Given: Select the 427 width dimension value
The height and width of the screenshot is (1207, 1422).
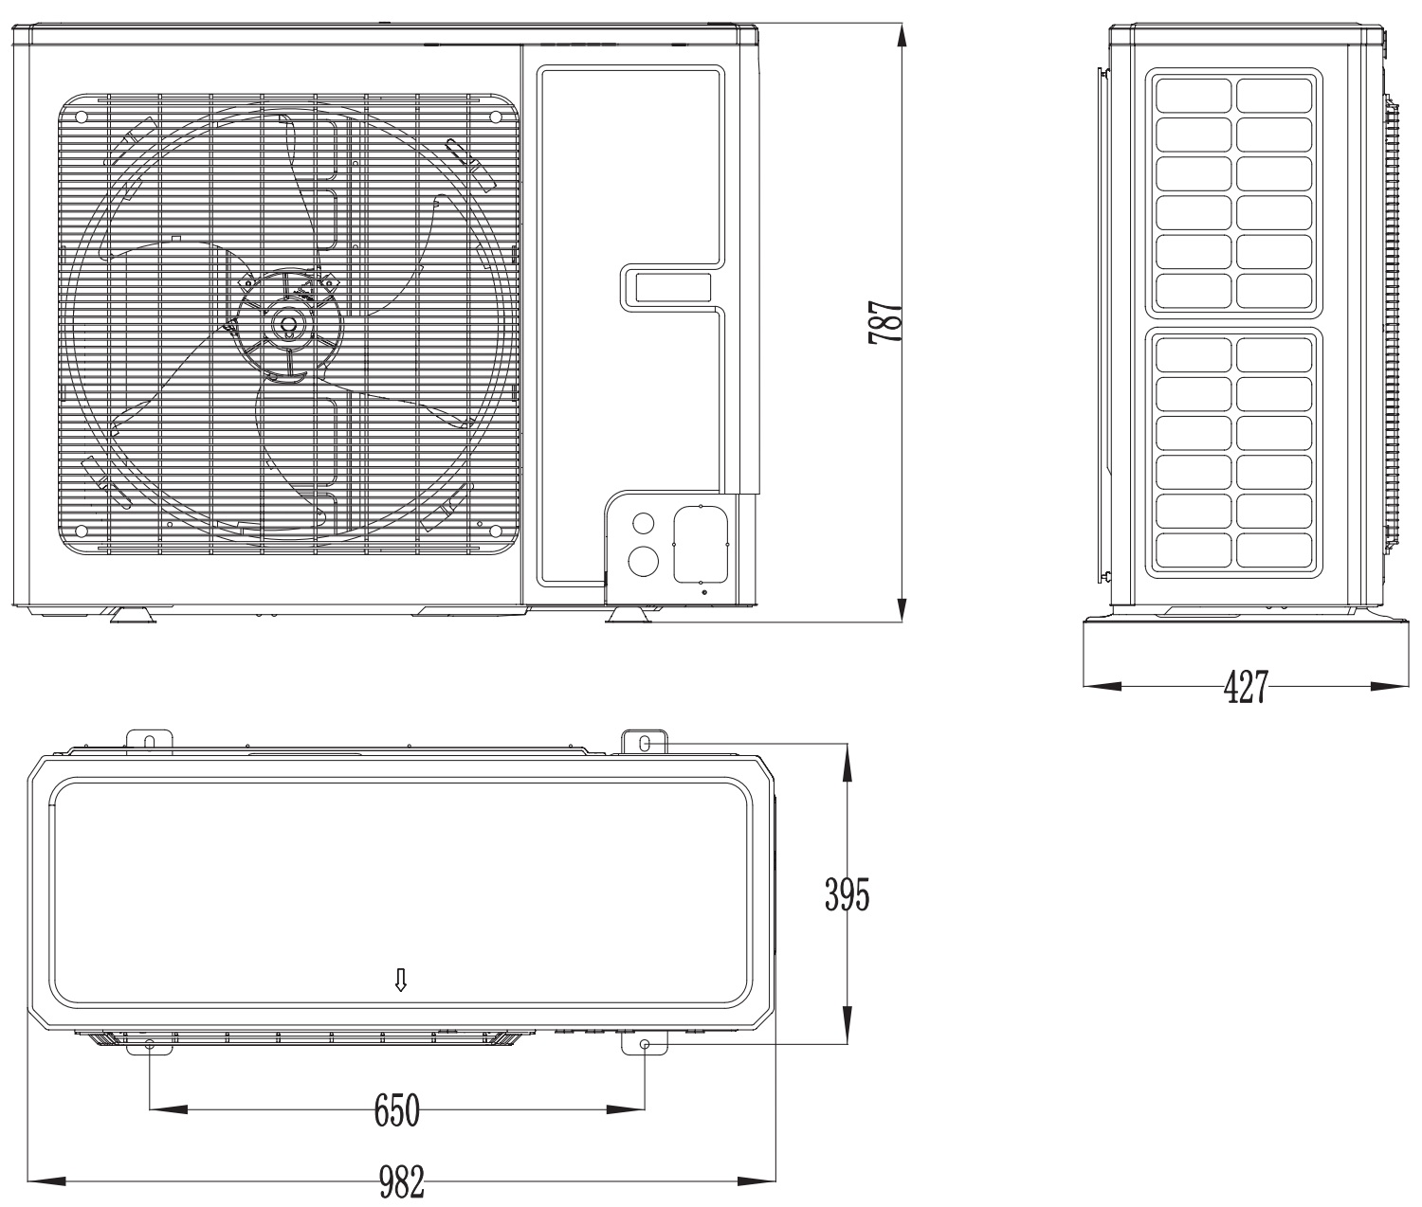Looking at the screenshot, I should pyautogui.click(x=1245, y=687).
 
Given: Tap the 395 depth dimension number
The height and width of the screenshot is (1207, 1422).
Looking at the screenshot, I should pyautogui.click(x=846, y=893).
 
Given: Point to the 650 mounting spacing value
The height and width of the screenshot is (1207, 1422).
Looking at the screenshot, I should pyautogui.click(x=396, y=1109).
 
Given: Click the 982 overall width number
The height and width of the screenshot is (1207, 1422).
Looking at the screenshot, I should pyautogui.click(x=401, y=1181).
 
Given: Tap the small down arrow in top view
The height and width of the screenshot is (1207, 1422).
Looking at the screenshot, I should pyautogui.click(x=401, y=980).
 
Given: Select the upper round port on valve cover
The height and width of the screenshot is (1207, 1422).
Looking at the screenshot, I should pyautogui.click(x=643, y=522).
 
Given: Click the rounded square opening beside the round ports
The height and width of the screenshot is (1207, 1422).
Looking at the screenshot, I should pyautogui.click(x=700, y=545).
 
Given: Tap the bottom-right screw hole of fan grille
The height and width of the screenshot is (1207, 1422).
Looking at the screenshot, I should pyautogui.click(x=494, y=530).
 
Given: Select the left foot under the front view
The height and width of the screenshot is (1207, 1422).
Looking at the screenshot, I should pyautogui.click(x=132, y=617).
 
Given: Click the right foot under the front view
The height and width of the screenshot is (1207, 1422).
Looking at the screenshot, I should pyautogui.click(x=629, y=617).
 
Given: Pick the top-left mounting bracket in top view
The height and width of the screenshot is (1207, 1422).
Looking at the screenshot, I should pyautogui.click(x=149, y=739).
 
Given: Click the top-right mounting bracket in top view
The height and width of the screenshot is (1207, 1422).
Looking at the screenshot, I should pyautogui.click(x=645, y=743).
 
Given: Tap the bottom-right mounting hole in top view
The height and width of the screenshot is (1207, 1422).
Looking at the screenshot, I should pyautogui.click(x=645, y=1044).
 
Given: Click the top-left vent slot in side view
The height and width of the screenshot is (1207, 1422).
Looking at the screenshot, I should pyautogui.click(x=1193, y=95).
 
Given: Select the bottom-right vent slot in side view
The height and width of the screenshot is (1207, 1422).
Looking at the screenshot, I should pyautogui.click(x=1274, y=550).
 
